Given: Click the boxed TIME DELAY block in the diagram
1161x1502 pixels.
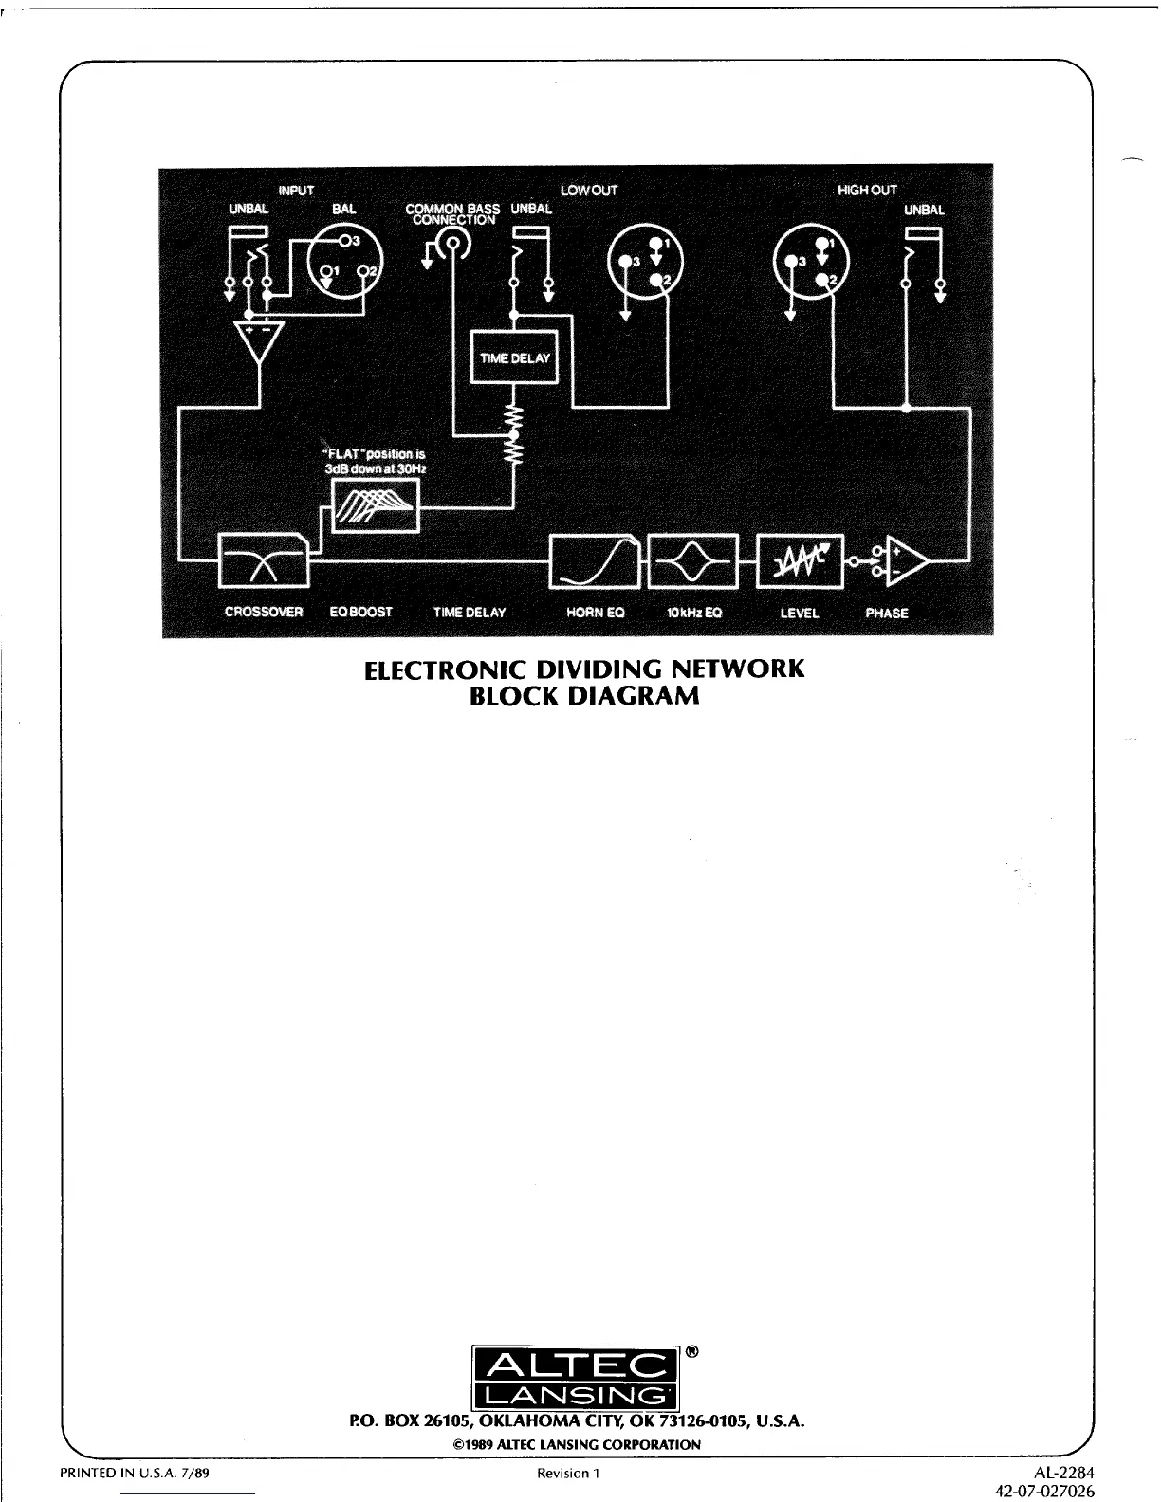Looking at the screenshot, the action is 514,357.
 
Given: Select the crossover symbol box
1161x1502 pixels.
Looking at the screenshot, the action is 264,559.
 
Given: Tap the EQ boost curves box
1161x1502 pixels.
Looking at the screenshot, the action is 375,504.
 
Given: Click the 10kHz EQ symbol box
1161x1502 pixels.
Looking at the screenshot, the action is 691,560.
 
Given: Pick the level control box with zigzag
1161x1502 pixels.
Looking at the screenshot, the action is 799,560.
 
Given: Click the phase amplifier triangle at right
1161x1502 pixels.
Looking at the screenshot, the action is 905,561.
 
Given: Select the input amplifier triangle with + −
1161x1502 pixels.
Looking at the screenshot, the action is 258,342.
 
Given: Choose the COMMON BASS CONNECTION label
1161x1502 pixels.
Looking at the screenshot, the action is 452,214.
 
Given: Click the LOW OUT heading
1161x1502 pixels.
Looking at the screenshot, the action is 589,191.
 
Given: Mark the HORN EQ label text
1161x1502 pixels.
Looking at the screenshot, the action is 595,613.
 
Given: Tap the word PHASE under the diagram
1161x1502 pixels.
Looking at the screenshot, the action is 887,613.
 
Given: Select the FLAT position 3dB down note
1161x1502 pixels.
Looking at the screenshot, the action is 376,461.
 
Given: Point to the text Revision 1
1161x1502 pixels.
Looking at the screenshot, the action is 569,1473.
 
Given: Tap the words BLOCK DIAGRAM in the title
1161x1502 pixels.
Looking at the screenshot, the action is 584,696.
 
